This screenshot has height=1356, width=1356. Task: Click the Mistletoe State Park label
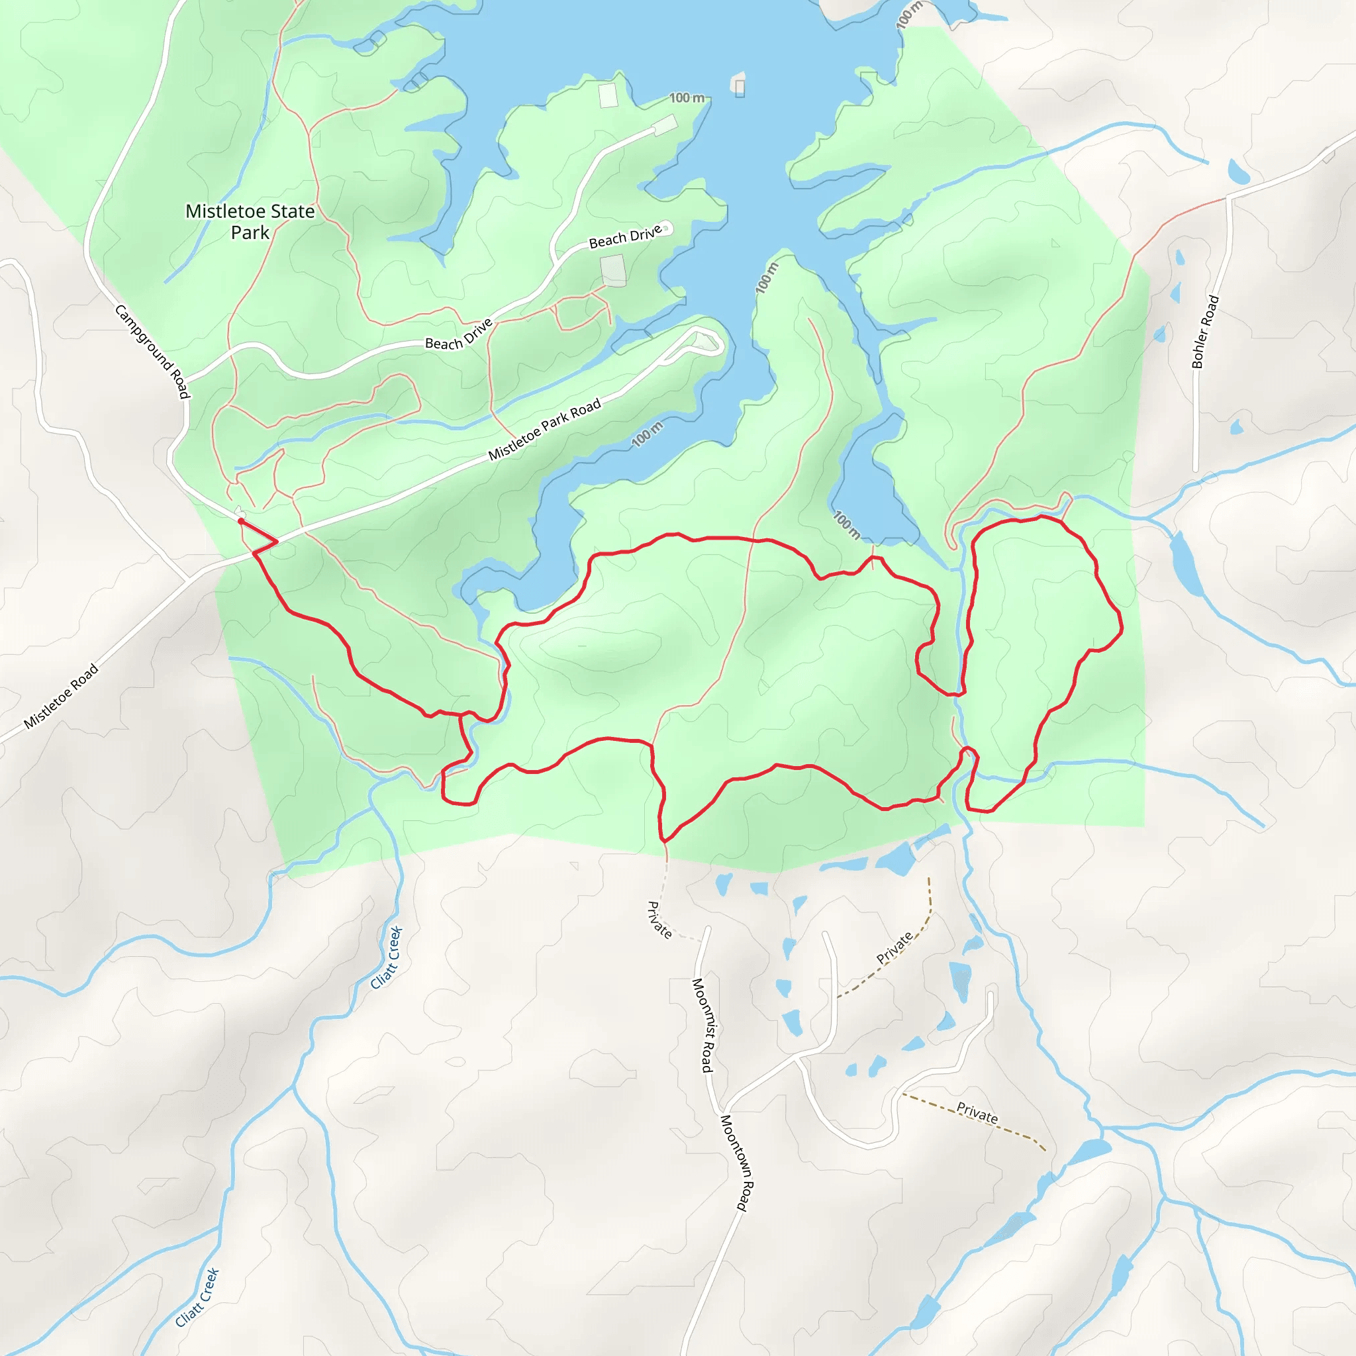pyautogui.click(x=250, y=222)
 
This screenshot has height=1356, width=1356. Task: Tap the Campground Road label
pyautogui.click(x=152, y=352)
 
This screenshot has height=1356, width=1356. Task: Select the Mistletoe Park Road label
pyautogui.click(x=545, y=429)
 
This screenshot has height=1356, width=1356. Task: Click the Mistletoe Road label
pyautogui.click(x=61, y=697)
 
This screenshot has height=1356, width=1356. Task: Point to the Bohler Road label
pyautogui.click(x=1205, y=332)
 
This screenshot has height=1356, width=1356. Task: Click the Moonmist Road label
pyautogui.click(x=702, y=1025)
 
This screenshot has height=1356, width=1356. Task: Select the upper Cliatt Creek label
pyautogui.click(x=387, y=957)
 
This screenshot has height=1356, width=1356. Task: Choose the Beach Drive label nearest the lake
pyautogui.click(x=624, y=237)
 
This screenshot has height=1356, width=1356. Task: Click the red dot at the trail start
pyautogui.click(x=241, y=521)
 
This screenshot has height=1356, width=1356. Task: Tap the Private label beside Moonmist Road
pyautogui.click(x=659, y=920)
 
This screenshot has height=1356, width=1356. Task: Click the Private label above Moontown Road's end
pyautogui.click(x=977, y=1112)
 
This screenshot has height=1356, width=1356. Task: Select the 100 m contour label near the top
pyautogui.click(x=687, y=97)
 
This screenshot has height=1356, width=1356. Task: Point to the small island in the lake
pyautogui.click(x=739, y=86)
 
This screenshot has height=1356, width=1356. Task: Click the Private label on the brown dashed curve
pyautogui.click(x=895, y=947)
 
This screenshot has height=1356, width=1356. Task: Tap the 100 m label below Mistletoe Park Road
pyautogui.click(x=647, y=434)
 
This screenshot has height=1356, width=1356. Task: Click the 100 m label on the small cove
pyautogui.click(x=846, y=524)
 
